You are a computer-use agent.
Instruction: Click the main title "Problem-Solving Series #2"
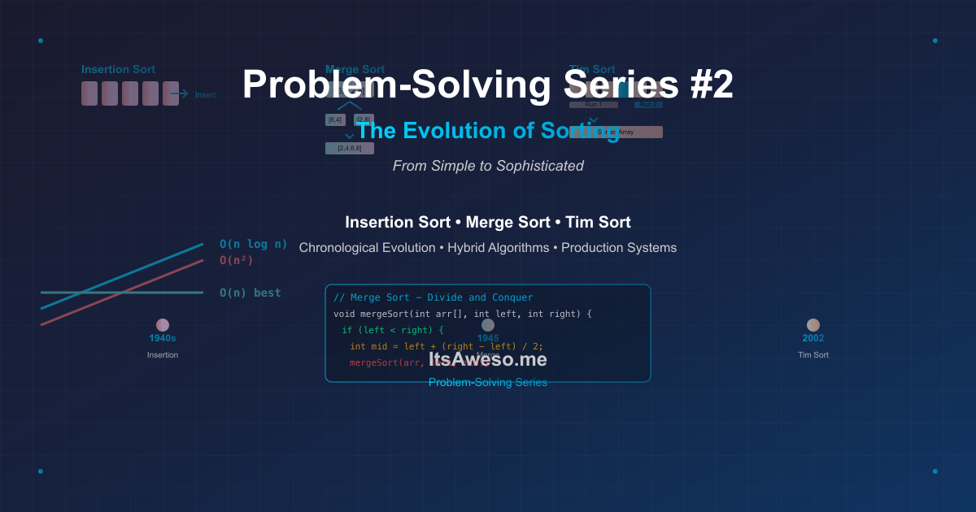pos(488,85)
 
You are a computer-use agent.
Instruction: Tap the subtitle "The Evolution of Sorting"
pos(488,131)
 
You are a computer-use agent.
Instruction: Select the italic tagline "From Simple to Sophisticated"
pos(488,166)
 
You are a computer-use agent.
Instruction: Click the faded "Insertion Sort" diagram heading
pos(118,70)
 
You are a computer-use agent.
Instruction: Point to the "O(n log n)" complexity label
pos(253,244)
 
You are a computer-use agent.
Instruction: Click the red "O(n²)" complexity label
pos(236,260)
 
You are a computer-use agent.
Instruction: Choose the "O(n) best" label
pos(250,293)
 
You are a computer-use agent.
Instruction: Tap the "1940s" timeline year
pos(163,338)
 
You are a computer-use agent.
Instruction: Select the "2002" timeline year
pos(813,338)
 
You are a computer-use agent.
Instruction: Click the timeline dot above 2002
pos(813,325)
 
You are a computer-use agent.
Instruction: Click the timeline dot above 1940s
pos(163,325)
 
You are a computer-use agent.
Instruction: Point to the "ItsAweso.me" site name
pos(488,359)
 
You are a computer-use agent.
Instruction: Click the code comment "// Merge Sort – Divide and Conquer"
pos(433,297)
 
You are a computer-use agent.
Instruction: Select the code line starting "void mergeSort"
pos(462,314)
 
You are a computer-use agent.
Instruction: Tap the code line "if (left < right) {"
pos(392,330)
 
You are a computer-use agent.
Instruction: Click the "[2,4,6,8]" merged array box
pos(350,149)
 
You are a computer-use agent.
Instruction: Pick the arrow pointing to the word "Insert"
pos(179,94)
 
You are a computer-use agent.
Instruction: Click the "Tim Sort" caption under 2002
pos(813,355)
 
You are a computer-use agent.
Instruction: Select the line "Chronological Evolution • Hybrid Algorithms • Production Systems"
pos(488,248)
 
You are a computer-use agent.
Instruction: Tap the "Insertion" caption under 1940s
pos(163,355)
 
